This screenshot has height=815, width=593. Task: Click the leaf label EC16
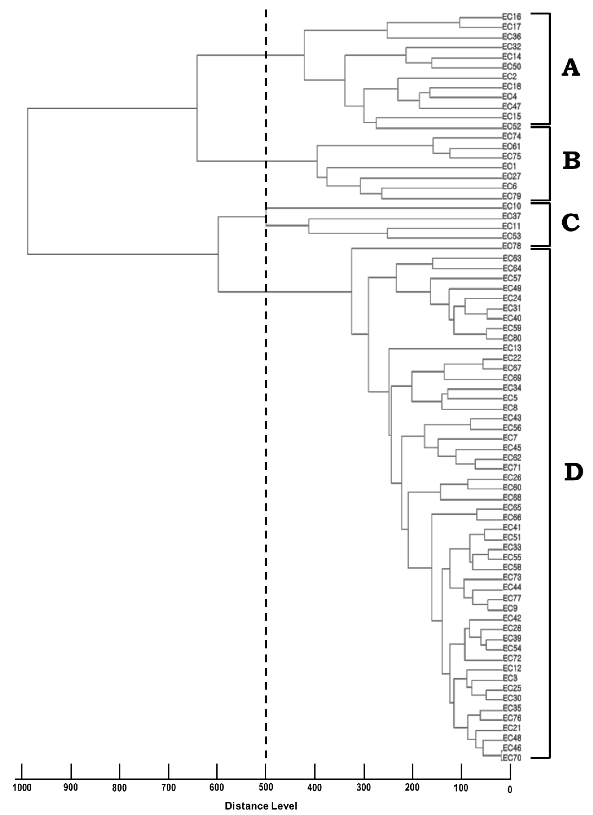511,17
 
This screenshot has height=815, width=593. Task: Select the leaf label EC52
511,127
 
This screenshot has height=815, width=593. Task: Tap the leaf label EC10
511,206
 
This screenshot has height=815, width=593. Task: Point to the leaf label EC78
511,247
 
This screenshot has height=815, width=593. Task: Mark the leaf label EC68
511,498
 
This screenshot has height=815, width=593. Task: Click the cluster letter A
571,68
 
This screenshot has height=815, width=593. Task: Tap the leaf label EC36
511,37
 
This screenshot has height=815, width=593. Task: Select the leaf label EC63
511,258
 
